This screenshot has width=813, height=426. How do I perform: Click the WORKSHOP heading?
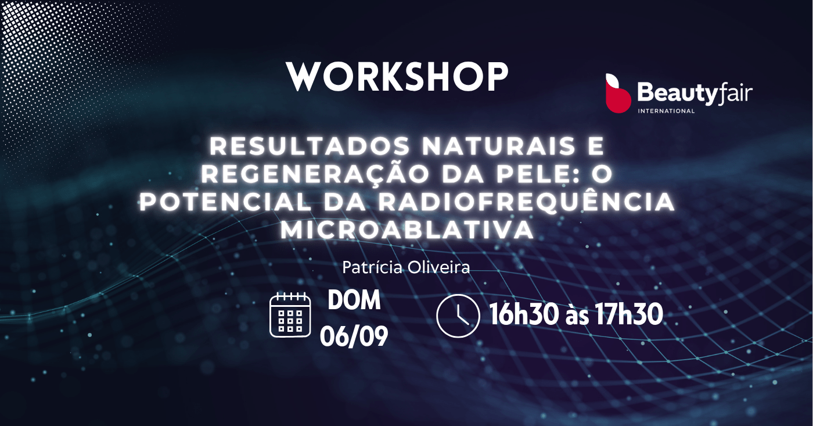397,77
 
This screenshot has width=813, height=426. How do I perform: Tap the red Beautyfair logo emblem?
618,94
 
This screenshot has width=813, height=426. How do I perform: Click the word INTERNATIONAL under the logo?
667,111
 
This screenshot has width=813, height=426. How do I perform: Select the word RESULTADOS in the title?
310,146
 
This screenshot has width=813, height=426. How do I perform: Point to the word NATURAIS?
499,146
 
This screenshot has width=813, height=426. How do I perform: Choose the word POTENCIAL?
226,202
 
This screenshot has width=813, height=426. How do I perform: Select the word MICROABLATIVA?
407,230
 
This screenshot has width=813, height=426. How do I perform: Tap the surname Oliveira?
439,268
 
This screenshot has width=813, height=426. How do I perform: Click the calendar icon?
290,314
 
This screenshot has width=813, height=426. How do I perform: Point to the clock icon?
458,316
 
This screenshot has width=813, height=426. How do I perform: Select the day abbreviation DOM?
354,300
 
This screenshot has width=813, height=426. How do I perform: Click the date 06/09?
354,336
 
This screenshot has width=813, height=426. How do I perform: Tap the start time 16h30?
524,314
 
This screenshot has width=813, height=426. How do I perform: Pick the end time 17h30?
629,314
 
